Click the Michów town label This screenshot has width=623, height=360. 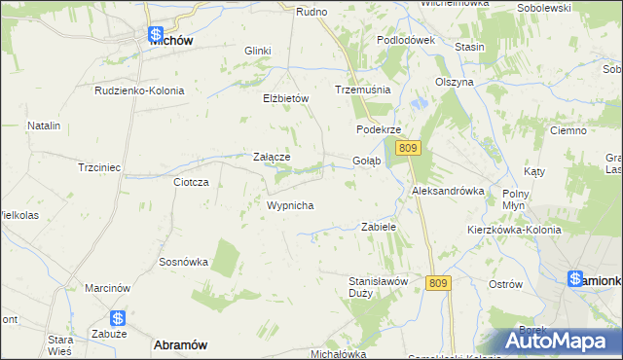tap(170, 42)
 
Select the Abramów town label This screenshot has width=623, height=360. tap(180, 344)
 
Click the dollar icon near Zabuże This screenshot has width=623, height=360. tap(117, 318)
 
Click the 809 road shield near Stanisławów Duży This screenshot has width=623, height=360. tap(438, 282)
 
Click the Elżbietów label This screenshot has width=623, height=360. tap(285, 98)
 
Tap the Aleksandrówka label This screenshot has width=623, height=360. tap(448, 191)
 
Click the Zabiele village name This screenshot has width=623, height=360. tap(379, 226)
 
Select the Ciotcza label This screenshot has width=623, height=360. tap(191, 182)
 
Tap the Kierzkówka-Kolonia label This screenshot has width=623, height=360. tap(514, 230)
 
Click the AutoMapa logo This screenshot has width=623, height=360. tap(558, 342)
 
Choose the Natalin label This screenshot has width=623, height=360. tap(44, 126)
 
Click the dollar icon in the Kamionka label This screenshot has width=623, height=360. tap(576, 280)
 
